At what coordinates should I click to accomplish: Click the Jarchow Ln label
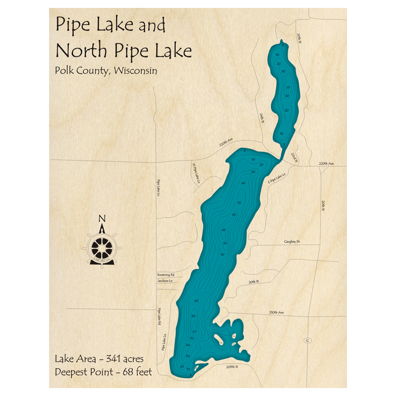(x=165, y=282)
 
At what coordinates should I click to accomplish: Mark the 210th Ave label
(x=277, y=312)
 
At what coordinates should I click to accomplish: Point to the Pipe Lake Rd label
(x=160, y=316)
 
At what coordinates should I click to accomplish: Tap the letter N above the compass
(x=102, y=218)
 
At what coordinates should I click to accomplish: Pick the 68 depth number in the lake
(x=224, y=230)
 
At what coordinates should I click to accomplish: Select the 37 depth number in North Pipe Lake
(x=289, y=88)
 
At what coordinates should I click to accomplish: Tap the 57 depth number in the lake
(x=194, y=331)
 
